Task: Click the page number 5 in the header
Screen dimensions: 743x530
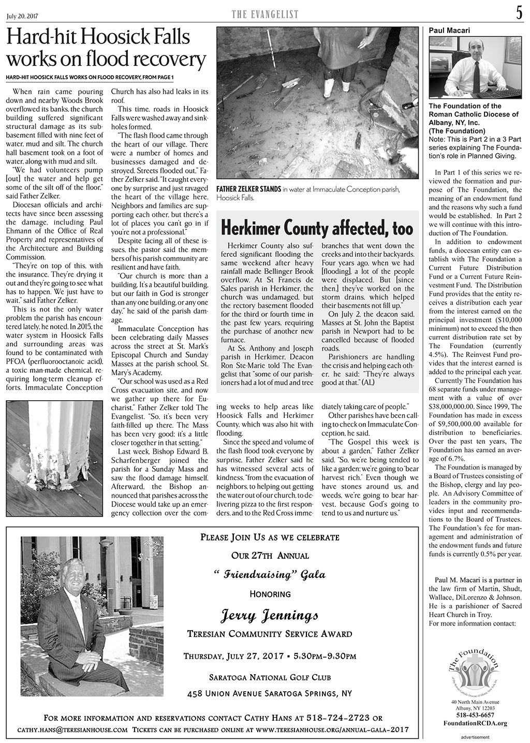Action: (519, 14)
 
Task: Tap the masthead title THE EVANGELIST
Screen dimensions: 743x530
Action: (264, 16)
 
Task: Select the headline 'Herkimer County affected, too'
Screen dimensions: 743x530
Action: (317, 228)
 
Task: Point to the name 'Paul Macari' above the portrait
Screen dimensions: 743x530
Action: (449, 31)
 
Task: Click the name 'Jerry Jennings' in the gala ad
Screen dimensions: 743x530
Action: (269, 616)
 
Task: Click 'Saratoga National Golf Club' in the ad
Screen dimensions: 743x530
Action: (270, 677)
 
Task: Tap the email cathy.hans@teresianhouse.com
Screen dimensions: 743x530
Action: (73, 730)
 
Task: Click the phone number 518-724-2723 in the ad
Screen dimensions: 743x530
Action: (338, 718)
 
